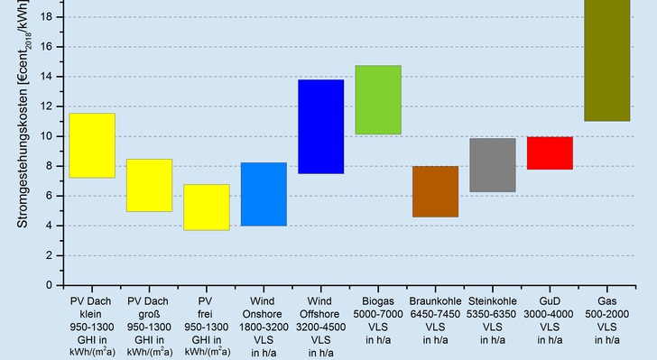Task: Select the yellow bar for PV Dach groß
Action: pos(149,185)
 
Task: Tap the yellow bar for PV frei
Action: pos(206,207)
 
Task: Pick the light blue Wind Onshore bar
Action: pos(264,194)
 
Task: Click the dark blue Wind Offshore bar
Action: pos(320,126)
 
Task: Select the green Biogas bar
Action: pos(378,100)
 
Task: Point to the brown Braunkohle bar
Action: pos(435,191)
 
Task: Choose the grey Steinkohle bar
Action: pos(492,165)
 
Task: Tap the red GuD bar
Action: pos(550,152)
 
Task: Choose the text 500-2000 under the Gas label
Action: pos(606,314)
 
